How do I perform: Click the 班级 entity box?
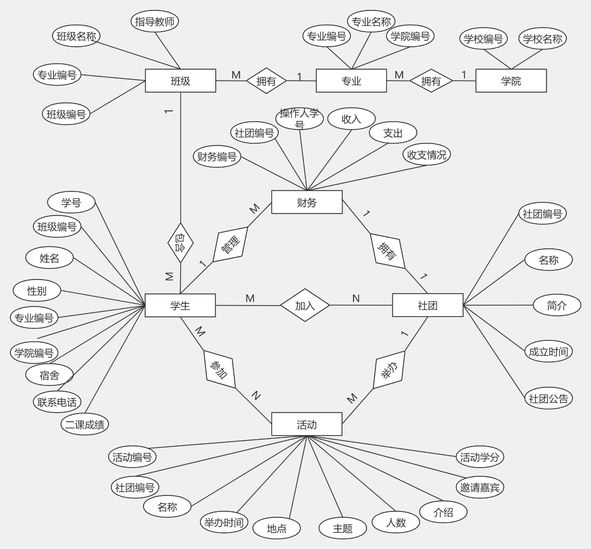(180, 81)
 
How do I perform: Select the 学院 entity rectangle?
(511, 81)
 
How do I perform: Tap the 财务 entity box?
(306, 202)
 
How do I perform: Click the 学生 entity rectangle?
(180, 305)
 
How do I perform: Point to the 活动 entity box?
(306, 425)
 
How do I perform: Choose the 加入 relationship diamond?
(305, 305)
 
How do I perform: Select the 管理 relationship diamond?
(230, 244)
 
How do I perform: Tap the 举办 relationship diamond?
(389, 370)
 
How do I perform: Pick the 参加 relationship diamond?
(220, 369)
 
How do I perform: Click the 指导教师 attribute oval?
(155, 21)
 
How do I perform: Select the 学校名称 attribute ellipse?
(543, 39)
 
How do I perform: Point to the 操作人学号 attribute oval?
(300, 118)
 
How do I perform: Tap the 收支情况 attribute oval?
(426, 155)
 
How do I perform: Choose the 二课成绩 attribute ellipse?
(85, 425)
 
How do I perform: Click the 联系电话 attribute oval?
(57, 402)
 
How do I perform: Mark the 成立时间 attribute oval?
(548, 351)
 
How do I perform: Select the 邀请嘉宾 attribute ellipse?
(480, 487)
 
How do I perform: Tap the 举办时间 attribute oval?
(224, 522)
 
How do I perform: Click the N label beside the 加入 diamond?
(356, 299)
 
